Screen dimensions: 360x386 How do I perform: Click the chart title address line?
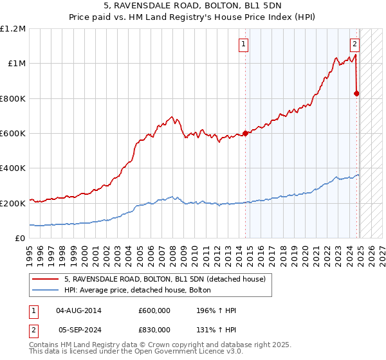point(193,4)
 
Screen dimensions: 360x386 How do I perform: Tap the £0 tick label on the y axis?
point(21,238)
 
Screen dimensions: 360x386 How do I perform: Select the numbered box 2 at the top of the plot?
point(354,44)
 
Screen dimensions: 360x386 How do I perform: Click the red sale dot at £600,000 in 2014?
point(245,134)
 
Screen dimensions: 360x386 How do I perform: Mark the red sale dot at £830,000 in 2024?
point(356,93)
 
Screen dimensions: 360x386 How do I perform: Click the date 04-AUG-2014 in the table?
point(79,310)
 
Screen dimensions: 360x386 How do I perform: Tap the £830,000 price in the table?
point(154,331)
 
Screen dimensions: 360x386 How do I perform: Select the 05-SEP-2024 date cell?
point(79,331)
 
